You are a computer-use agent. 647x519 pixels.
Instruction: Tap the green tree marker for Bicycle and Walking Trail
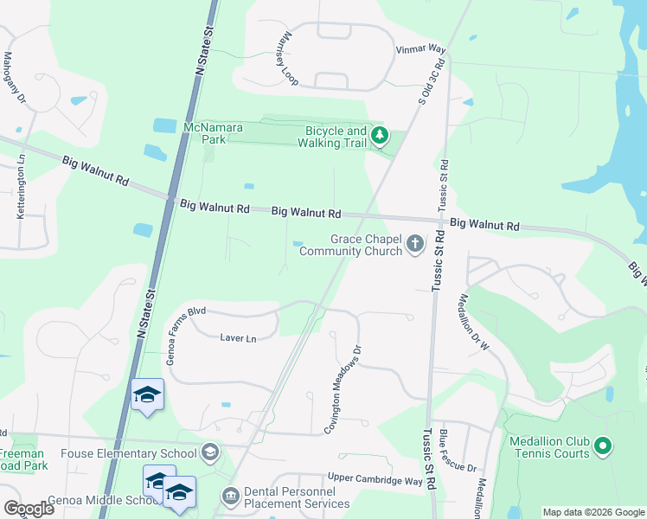coord(379,136)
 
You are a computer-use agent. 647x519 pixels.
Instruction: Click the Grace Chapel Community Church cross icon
coord(415,244)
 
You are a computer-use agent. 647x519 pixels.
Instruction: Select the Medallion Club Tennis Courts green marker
coord(604,446)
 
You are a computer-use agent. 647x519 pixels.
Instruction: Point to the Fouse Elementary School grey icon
coord(209,452)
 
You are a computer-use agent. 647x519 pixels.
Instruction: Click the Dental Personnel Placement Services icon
coord(231,496)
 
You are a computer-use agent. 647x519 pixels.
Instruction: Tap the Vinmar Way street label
coord(420,50)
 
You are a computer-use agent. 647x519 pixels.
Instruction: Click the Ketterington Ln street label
coord(20,186)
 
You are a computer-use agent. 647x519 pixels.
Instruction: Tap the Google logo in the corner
coord(29,508)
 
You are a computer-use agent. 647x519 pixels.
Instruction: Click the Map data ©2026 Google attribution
coord(593,512)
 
